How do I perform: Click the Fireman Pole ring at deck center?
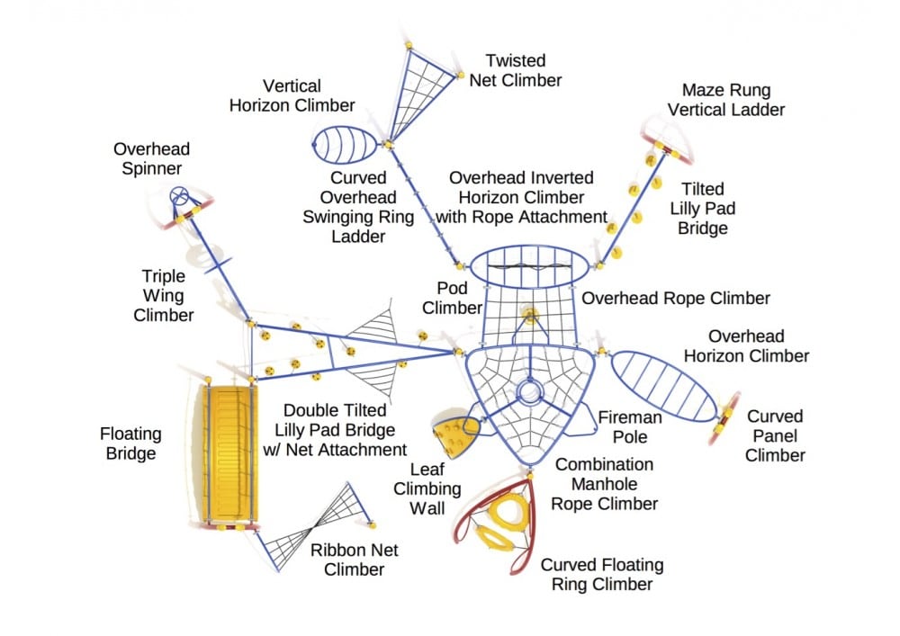tap(528, 392)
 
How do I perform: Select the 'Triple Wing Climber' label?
tap(164, 295)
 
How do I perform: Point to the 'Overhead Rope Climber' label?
tap(676, 299)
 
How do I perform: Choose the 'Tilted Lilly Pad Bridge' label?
tap(702, 209)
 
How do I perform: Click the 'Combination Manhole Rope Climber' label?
tap(606, 484)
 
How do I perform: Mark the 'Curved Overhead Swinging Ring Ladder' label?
tap(358, 208)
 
